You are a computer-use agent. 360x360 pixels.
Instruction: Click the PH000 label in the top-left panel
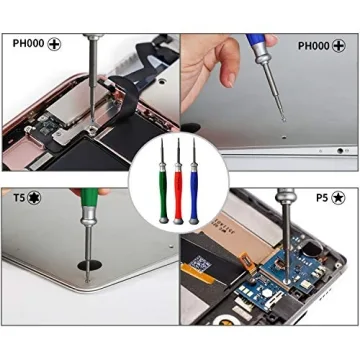click(25, 44)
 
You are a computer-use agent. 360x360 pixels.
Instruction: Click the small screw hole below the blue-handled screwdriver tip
click(283, 128)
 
